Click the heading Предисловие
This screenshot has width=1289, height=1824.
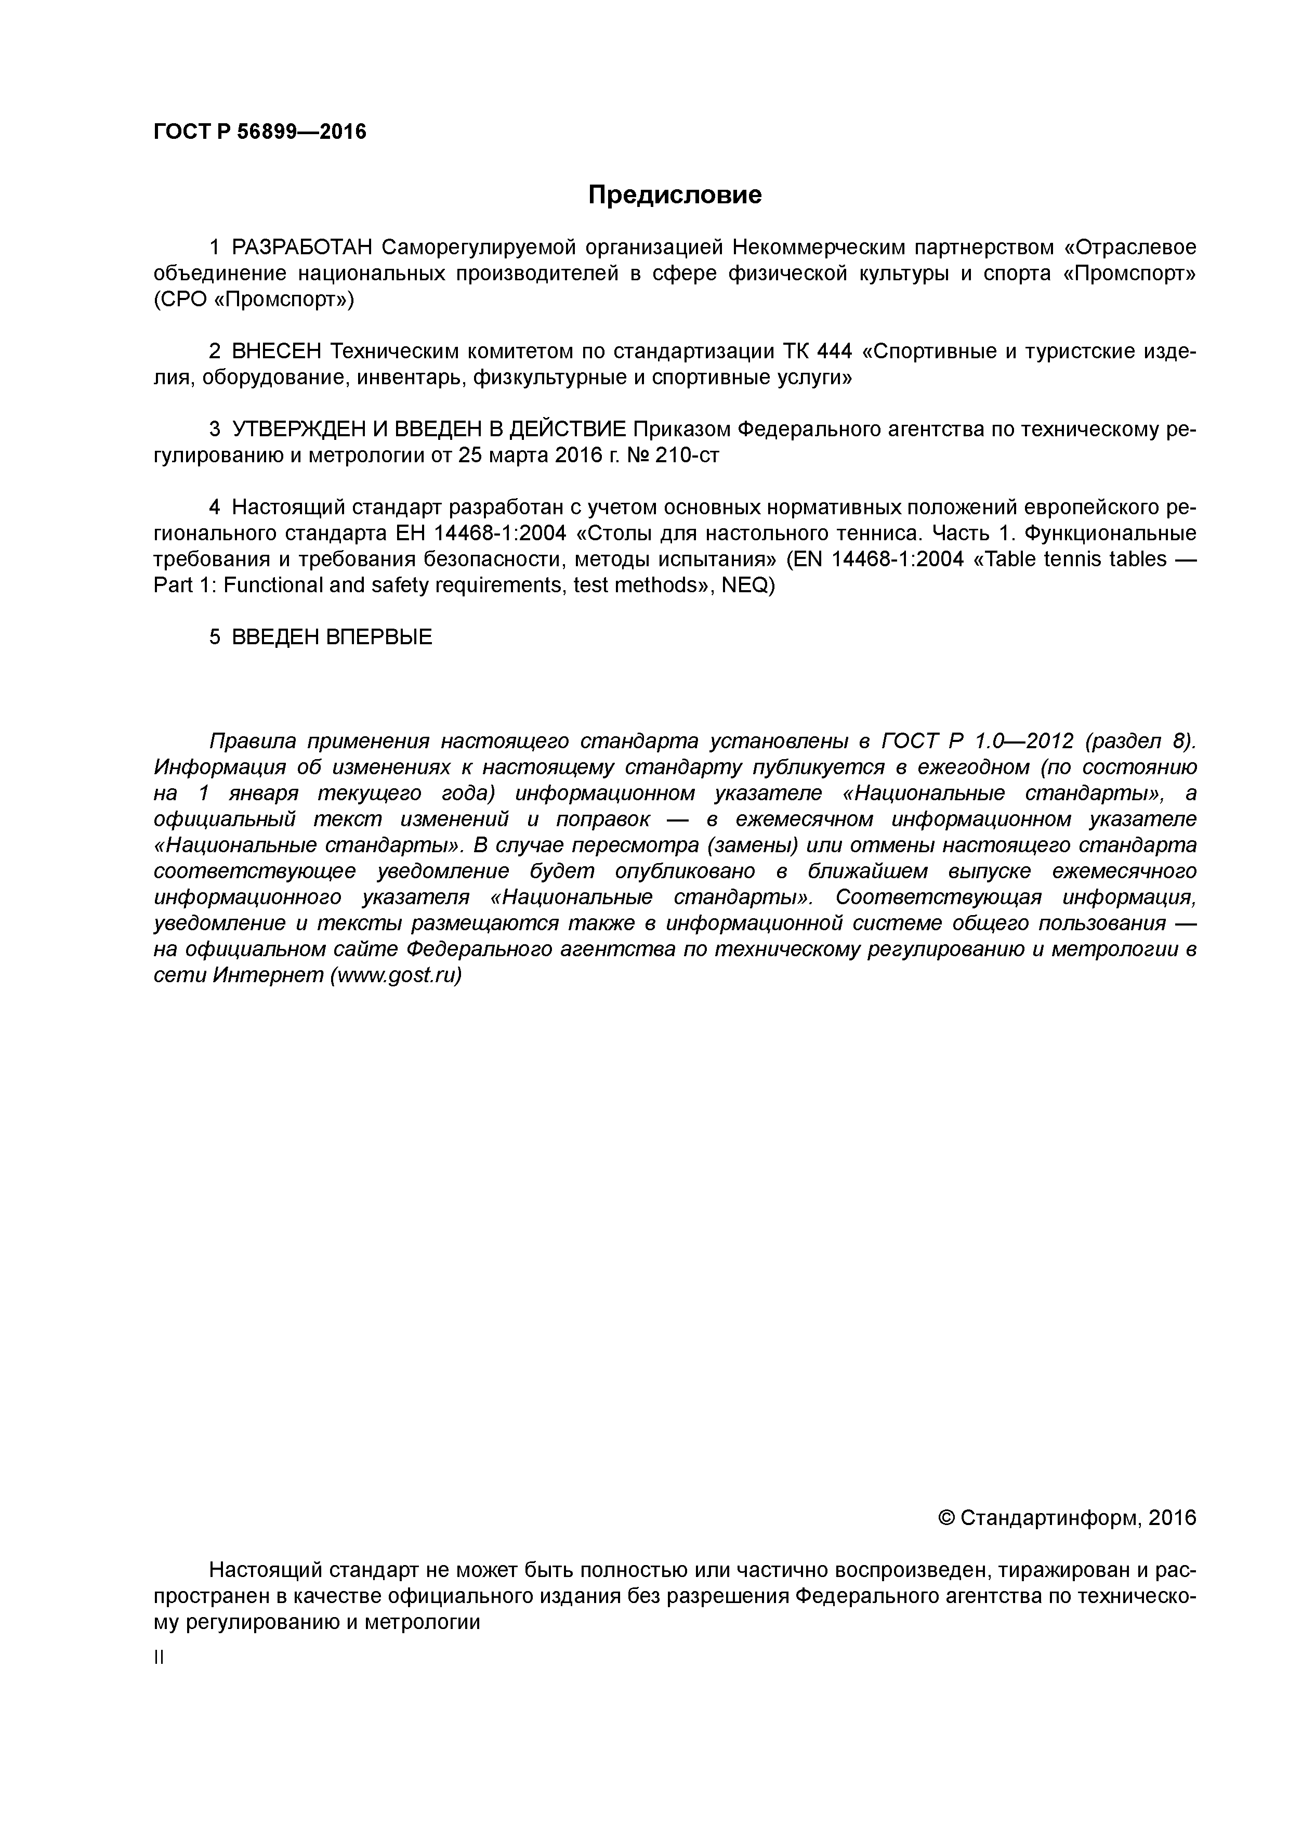pos(674,194)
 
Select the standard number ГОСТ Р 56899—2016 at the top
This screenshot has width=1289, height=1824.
pos(260,131)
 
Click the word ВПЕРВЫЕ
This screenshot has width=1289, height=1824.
pos(379,637)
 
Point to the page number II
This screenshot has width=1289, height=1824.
pos(158,1658)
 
